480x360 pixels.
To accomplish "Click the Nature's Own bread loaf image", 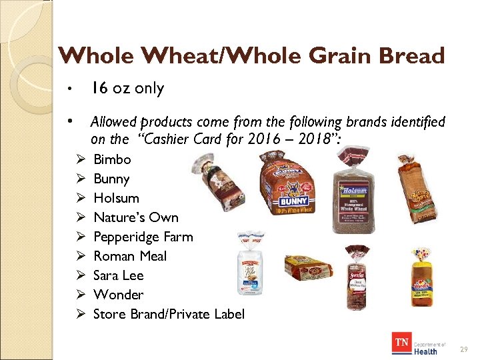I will coord(417,182).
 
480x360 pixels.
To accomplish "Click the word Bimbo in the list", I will coord(112,159).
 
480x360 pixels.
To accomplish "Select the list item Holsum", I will coord(116,198).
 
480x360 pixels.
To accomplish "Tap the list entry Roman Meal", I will coord(130,256).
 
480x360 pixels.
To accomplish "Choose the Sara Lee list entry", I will coord(119,275).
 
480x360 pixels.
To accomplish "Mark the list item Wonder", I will coord(118,295).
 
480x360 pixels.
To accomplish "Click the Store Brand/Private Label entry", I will coord(169,314).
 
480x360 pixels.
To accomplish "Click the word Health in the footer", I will coord(425,351).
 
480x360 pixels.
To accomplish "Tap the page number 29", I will coord(464,349).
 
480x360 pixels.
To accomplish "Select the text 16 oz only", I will coord(127,88).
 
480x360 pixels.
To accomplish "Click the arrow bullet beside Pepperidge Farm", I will coord(80,237).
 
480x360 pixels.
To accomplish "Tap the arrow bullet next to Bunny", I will coord(80,179).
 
